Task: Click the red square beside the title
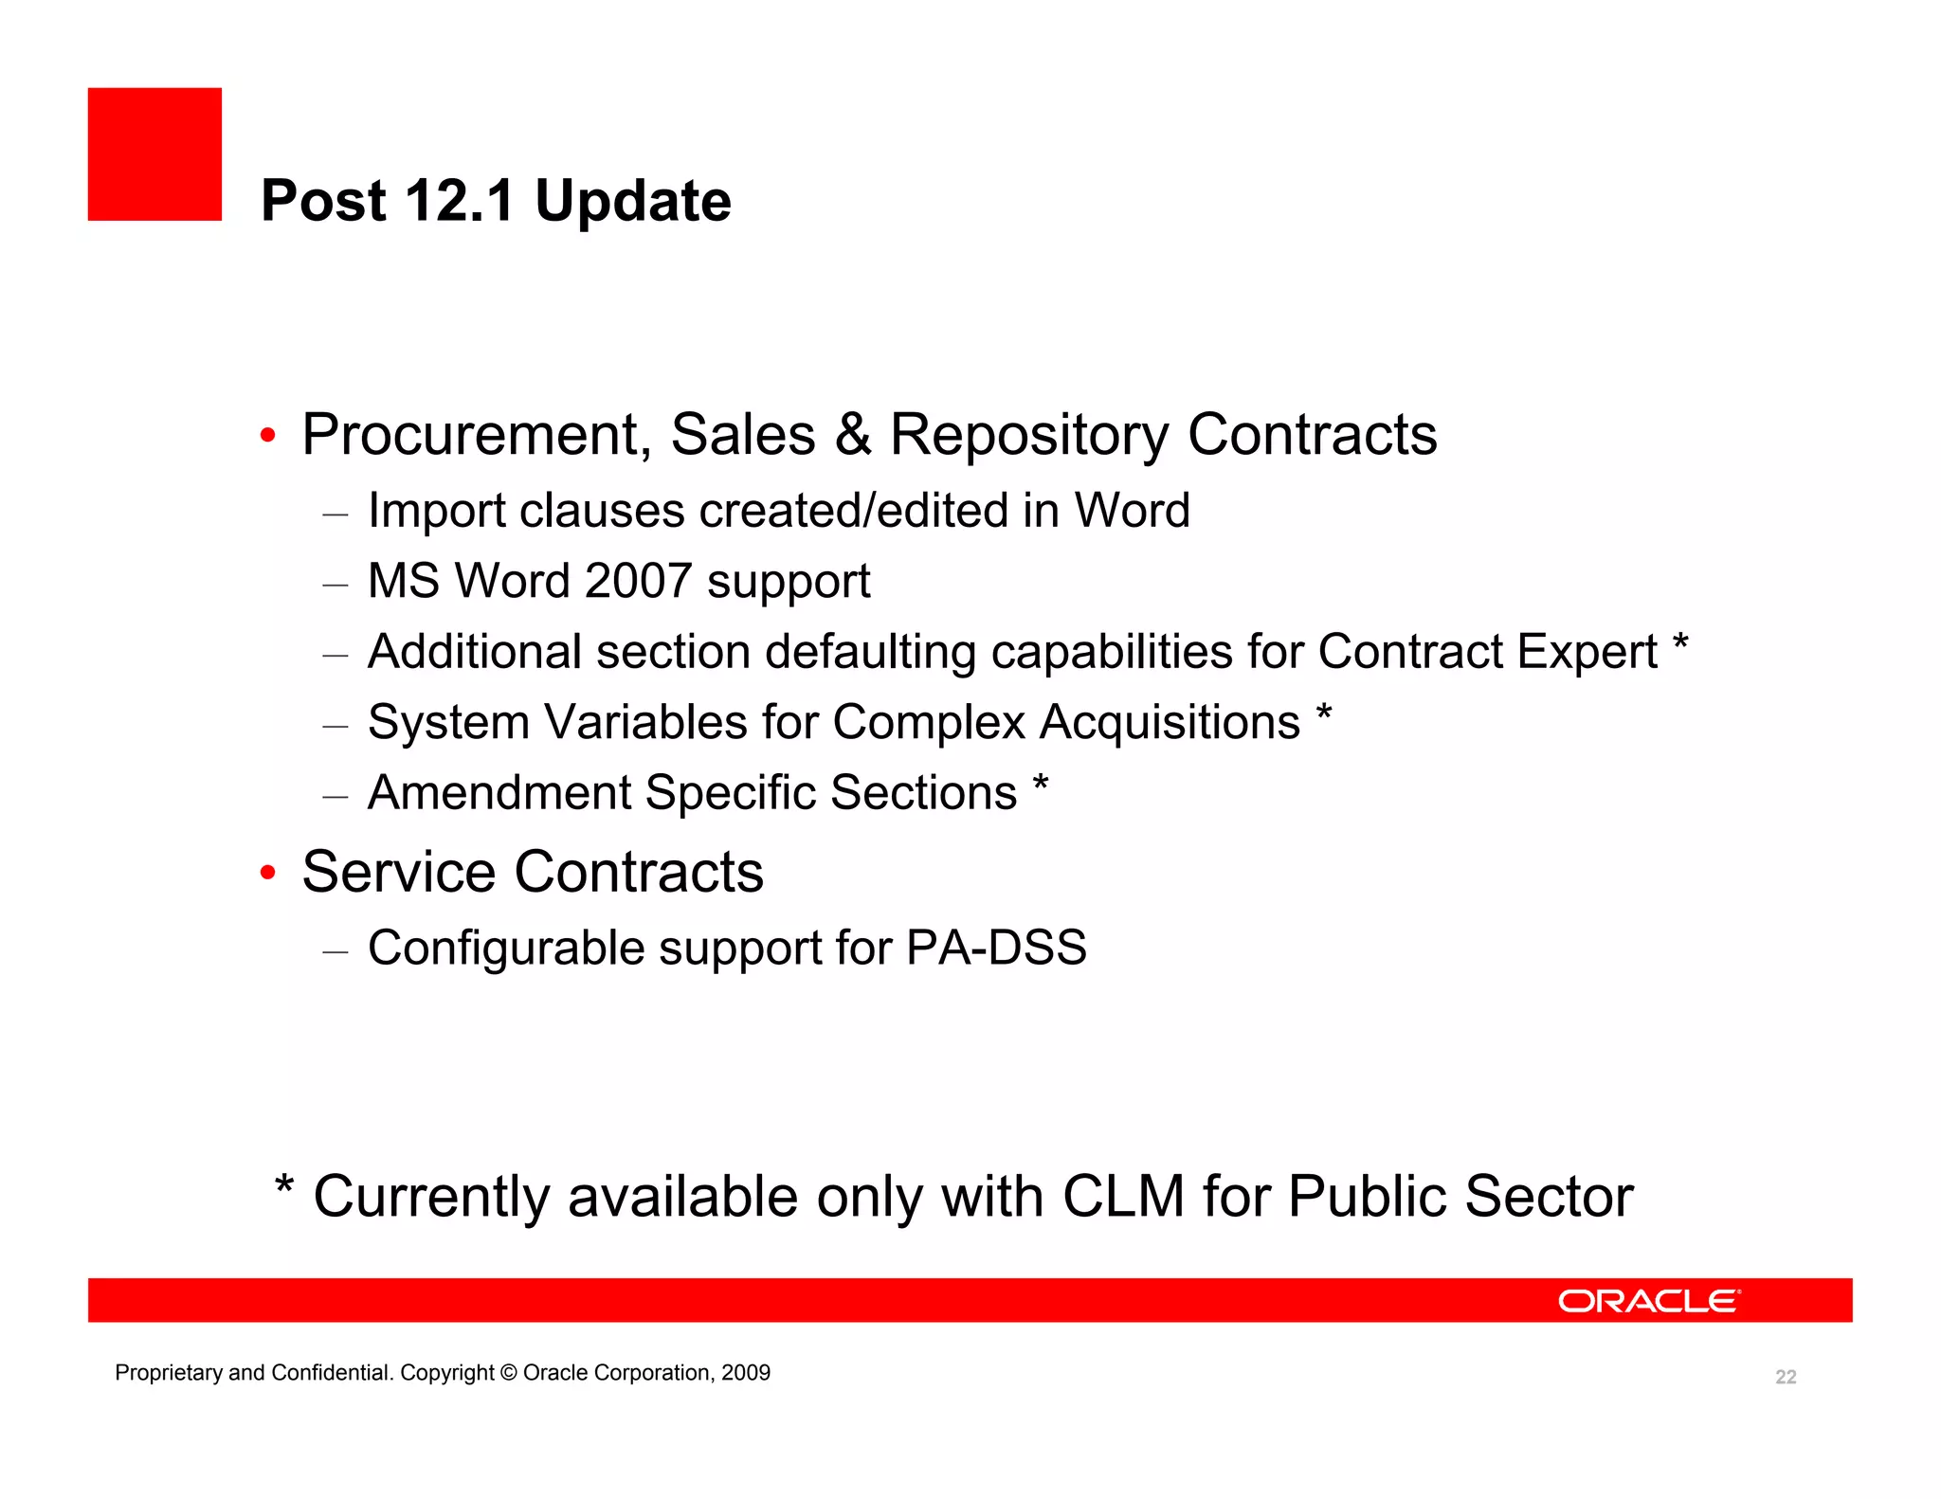[154, 154]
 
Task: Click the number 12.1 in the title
[459, 201]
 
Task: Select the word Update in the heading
[633, 201]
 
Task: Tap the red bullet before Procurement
[268, 436]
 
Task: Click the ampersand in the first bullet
[852, 435]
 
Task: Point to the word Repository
[1029, 436]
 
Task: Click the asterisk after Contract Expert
[1680, 644]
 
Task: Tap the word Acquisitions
[1170, 722]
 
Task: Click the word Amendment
[499, 792]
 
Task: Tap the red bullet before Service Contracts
[268, 873]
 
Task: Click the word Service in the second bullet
[399, 872]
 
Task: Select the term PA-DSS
[996, 948]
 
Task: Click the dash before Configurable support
[336, 950]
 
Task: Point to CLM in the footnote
[1123, 1196]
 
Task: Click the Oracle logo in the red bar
[1649, 1301]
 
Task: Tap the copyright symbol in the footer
[509, 1373]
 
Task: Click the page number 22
[1786, 1377]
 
